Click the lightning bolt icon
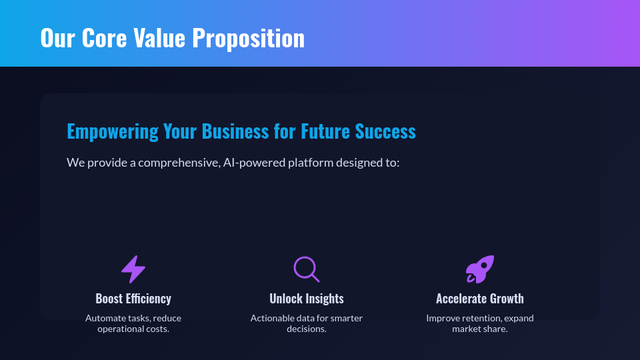[x=133, y=269]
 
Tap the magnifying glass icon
[x=306, y=269]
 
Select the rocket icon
[x=480, y=269]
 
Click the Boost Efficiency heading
[x=133, y=299]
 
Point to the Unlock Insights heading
[x=307, y=299]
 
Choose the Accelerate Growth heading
[x=480, y=299]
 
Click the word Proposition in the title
[x=249, y=38]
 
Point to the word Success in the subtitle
[x=385, y=131]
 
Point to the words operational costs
[x=133, y=329]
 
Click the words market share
[x=480, y=329]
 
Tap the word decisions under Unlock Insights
[x=307, y=329]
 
